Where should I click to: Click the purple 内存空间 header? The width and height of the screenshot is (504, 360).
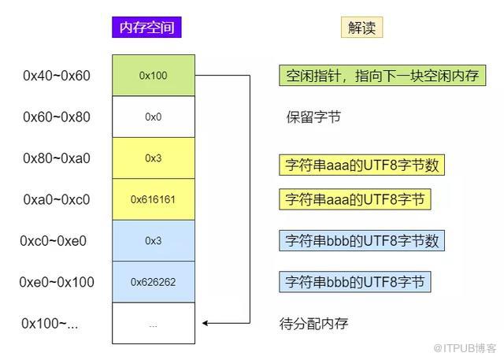pos(146,28)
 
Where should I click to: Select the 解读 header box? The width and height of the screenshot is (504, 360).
pos(361,28)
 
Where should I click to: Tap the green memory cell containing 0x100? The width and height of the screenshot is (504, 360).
pos(154,75)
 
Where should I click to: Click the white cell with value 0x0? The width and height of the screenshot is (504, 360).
pos(154,117)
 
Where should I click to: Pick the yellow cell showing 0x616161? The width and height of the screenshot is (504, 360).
pos(154,199)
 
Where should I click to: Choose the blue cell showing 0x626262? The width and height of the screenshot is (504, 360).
pos(154,282)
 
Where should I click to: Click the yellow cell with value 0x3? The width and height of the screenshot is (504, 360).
pos(154,158)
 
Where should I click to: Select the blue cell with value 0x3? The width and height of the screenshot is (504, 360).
pos(154,241)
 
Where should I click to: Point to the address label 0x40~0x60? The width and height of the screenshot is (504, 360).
pos(57,76)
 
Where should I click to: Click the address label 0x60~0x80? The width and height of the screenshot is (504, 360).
pos(57,117)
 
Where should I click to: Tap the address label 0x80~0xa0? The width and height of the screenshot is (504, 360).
pos(57,158)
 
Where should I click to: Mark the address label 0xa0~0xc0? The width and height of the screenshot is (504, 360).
pos(57,199)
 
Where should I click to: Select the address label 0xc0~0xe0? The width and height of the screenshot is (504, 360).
pos(54,241)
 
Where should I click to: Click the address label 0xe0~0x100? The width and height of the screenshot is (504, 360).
pos(57,282)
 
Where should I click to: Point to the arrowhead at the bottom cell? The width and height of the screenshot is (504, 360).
pos(205,323)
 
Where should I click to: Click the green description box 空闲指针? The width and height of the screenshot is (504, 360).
pos(382,76)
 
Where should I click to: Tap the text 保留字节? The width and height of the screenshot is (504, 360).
pos(313,117)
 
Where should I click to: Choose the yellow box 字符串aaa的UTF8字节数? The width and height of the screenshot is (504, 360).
pos(361,165)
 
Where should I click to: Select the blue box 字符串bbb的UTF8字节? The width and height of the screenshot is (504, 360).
pos(355,282)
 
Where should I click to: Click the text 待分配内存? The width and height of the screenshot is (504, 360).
pos(313,323)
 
